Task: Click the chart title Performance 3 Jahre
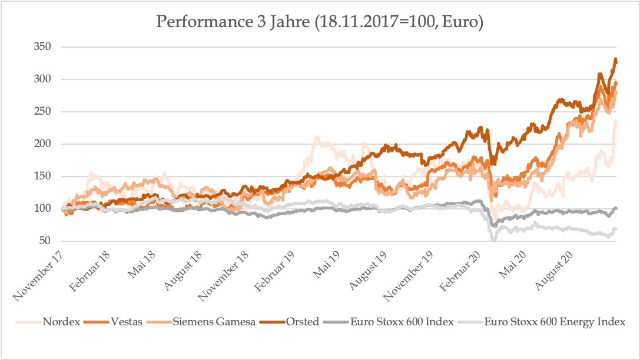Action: click(320, 23)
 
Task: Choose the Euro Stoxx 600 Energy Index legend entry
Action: click(555, 322)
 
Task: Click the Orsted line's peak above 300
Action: click(615, 59)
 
